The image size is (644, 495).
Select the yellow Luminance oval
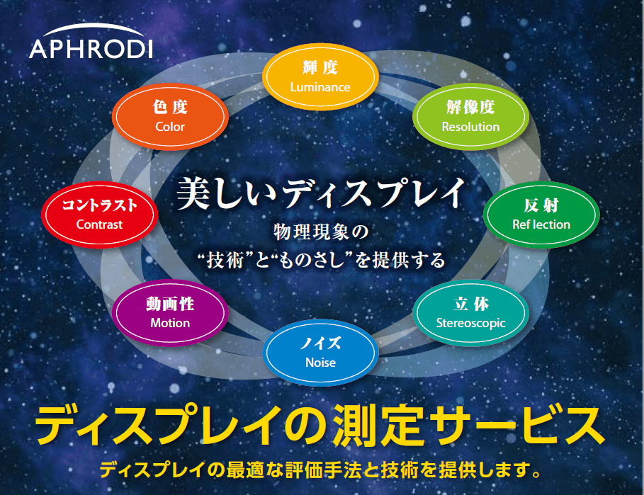pyautogui.click(x=320, y=78)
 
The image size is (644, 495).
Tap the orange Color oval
pyautogui.click(x=170, y=117)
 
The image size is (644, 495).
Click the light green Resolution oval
pyautogui.click(x=470, y=117)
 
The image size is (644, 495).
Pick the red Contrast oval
pyautogui.click(x=99, y=215)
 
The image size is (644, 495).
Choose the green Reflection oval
pyautogui.click(x=541, y=215)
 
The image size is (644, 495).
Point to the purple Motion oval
pyautogui.click(x=170, y=313)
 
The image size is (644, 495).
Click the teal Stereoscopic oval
pyautogui.click(x=470, y=313)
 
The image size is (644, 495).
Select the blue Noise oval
pyautogui.click(x=320, y=353)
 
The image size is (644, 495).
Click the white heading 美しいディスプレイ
pyautogui.click(x=320, y=193)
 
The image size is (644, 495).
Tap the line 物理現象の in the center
pyautogui.click(x=322, y=232)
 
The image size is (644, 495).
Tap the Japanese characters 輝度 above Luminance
pyautogui.click(x=320, y=68)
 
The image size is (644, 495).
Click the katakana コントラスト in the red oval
pyautogui.click(x=99, y=205)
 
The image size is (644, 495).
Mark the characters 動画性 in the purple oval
pyautogui.click(x=170, y=304)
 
